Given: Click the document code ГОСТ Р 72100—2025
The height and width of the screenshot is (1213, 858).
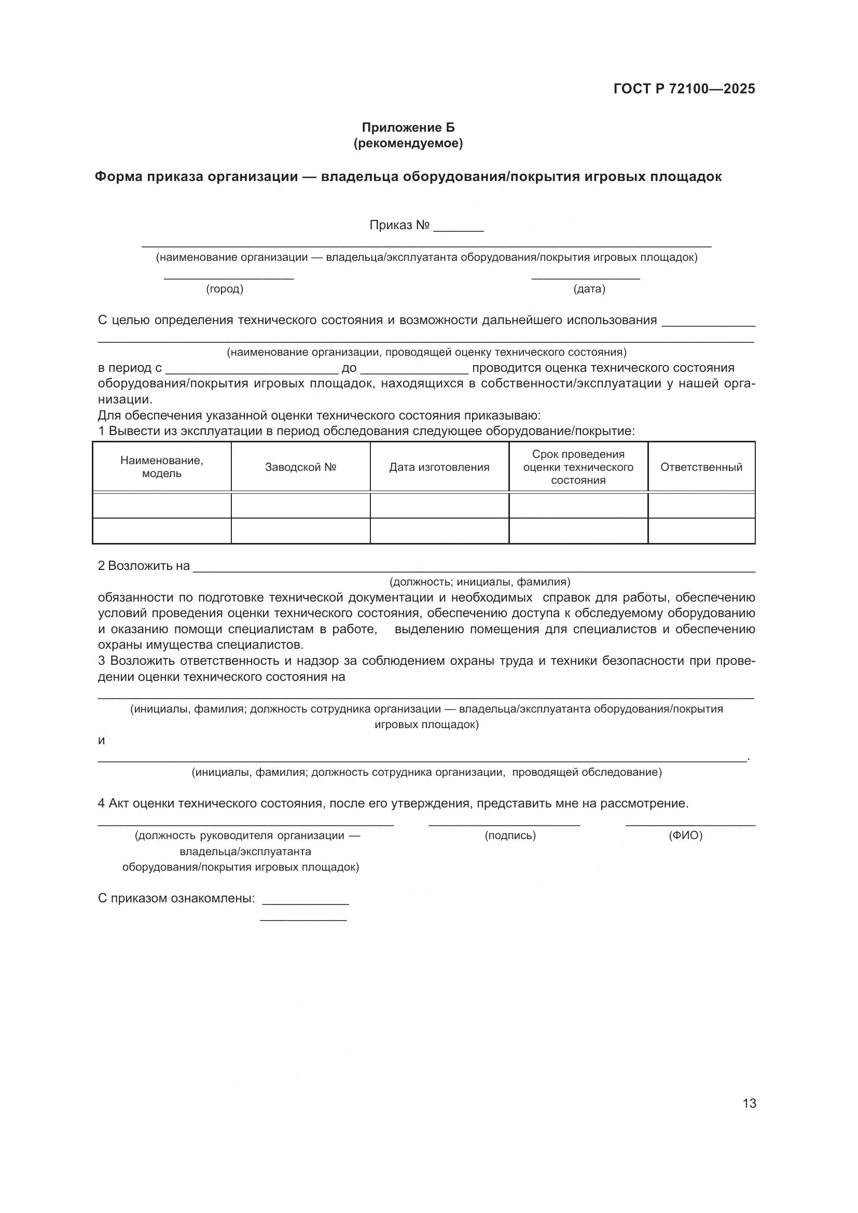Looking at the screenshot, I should pyautogui.click(x=684, y=89).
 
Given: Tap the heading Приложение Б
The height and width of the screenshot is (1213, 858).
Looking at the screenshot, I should pyautogui.click(x=408, y=128).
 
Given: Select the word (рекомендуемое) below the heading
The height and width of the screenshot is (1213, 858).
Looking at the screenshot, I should pyautogui.click(x=408, y=143).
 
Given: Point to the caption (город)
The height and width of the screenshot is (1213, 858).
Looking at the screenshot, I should pyautogui.click(x=225, y=289).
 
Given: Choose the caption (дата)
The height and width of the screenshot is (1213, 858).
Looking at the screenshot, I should pyautogui.click(x=589, y=289).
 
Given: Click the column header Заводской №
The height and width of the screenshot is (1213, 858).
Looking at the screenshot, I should pyautogui.click(x=301, y=467).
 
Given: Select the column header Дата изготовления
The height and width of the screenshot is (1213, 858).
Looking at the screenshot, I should pyautogui.click(x=439, y=467).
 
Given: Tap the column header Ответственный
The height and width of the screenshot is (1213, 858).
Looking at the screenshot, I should pyautogui.click(x=701, y=467).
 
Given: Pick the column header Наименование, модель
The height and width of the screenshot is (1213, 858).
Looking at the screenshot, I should pyautogui.click(x=162, y=467).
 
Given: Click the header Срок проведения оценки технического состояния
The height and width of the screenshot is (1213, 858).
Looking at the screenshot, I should pyautogui.click(x=578, y=467).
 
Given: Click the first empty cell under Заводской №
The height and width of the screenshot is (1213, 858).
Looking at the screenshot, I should pyautogui.click(x=301, y=506).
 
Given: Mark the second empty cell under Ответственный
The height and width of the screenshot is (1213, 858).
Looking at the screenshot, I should pyautogui.click(x=701, y=531).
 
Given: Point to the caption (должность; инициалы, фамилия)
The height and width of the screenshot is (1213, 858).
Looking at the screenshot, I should pyautogui.click(x=480, y=582).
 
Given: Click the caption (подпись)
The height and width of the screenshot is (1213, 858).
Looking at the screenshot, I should pyautogui.click(x=510, y=835).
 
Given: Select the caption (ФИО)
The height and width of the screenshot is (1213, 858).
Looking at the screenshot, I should pyautogui.click(x=685, y=835).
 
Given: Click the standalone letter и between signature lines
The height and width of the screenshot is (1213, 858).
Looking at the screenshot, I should pyautogui.click(x=102, y=740).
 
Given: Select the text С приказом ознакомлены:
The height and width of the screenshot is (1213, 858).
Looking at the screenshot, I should pyautogui.click(x=176, y=898).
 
